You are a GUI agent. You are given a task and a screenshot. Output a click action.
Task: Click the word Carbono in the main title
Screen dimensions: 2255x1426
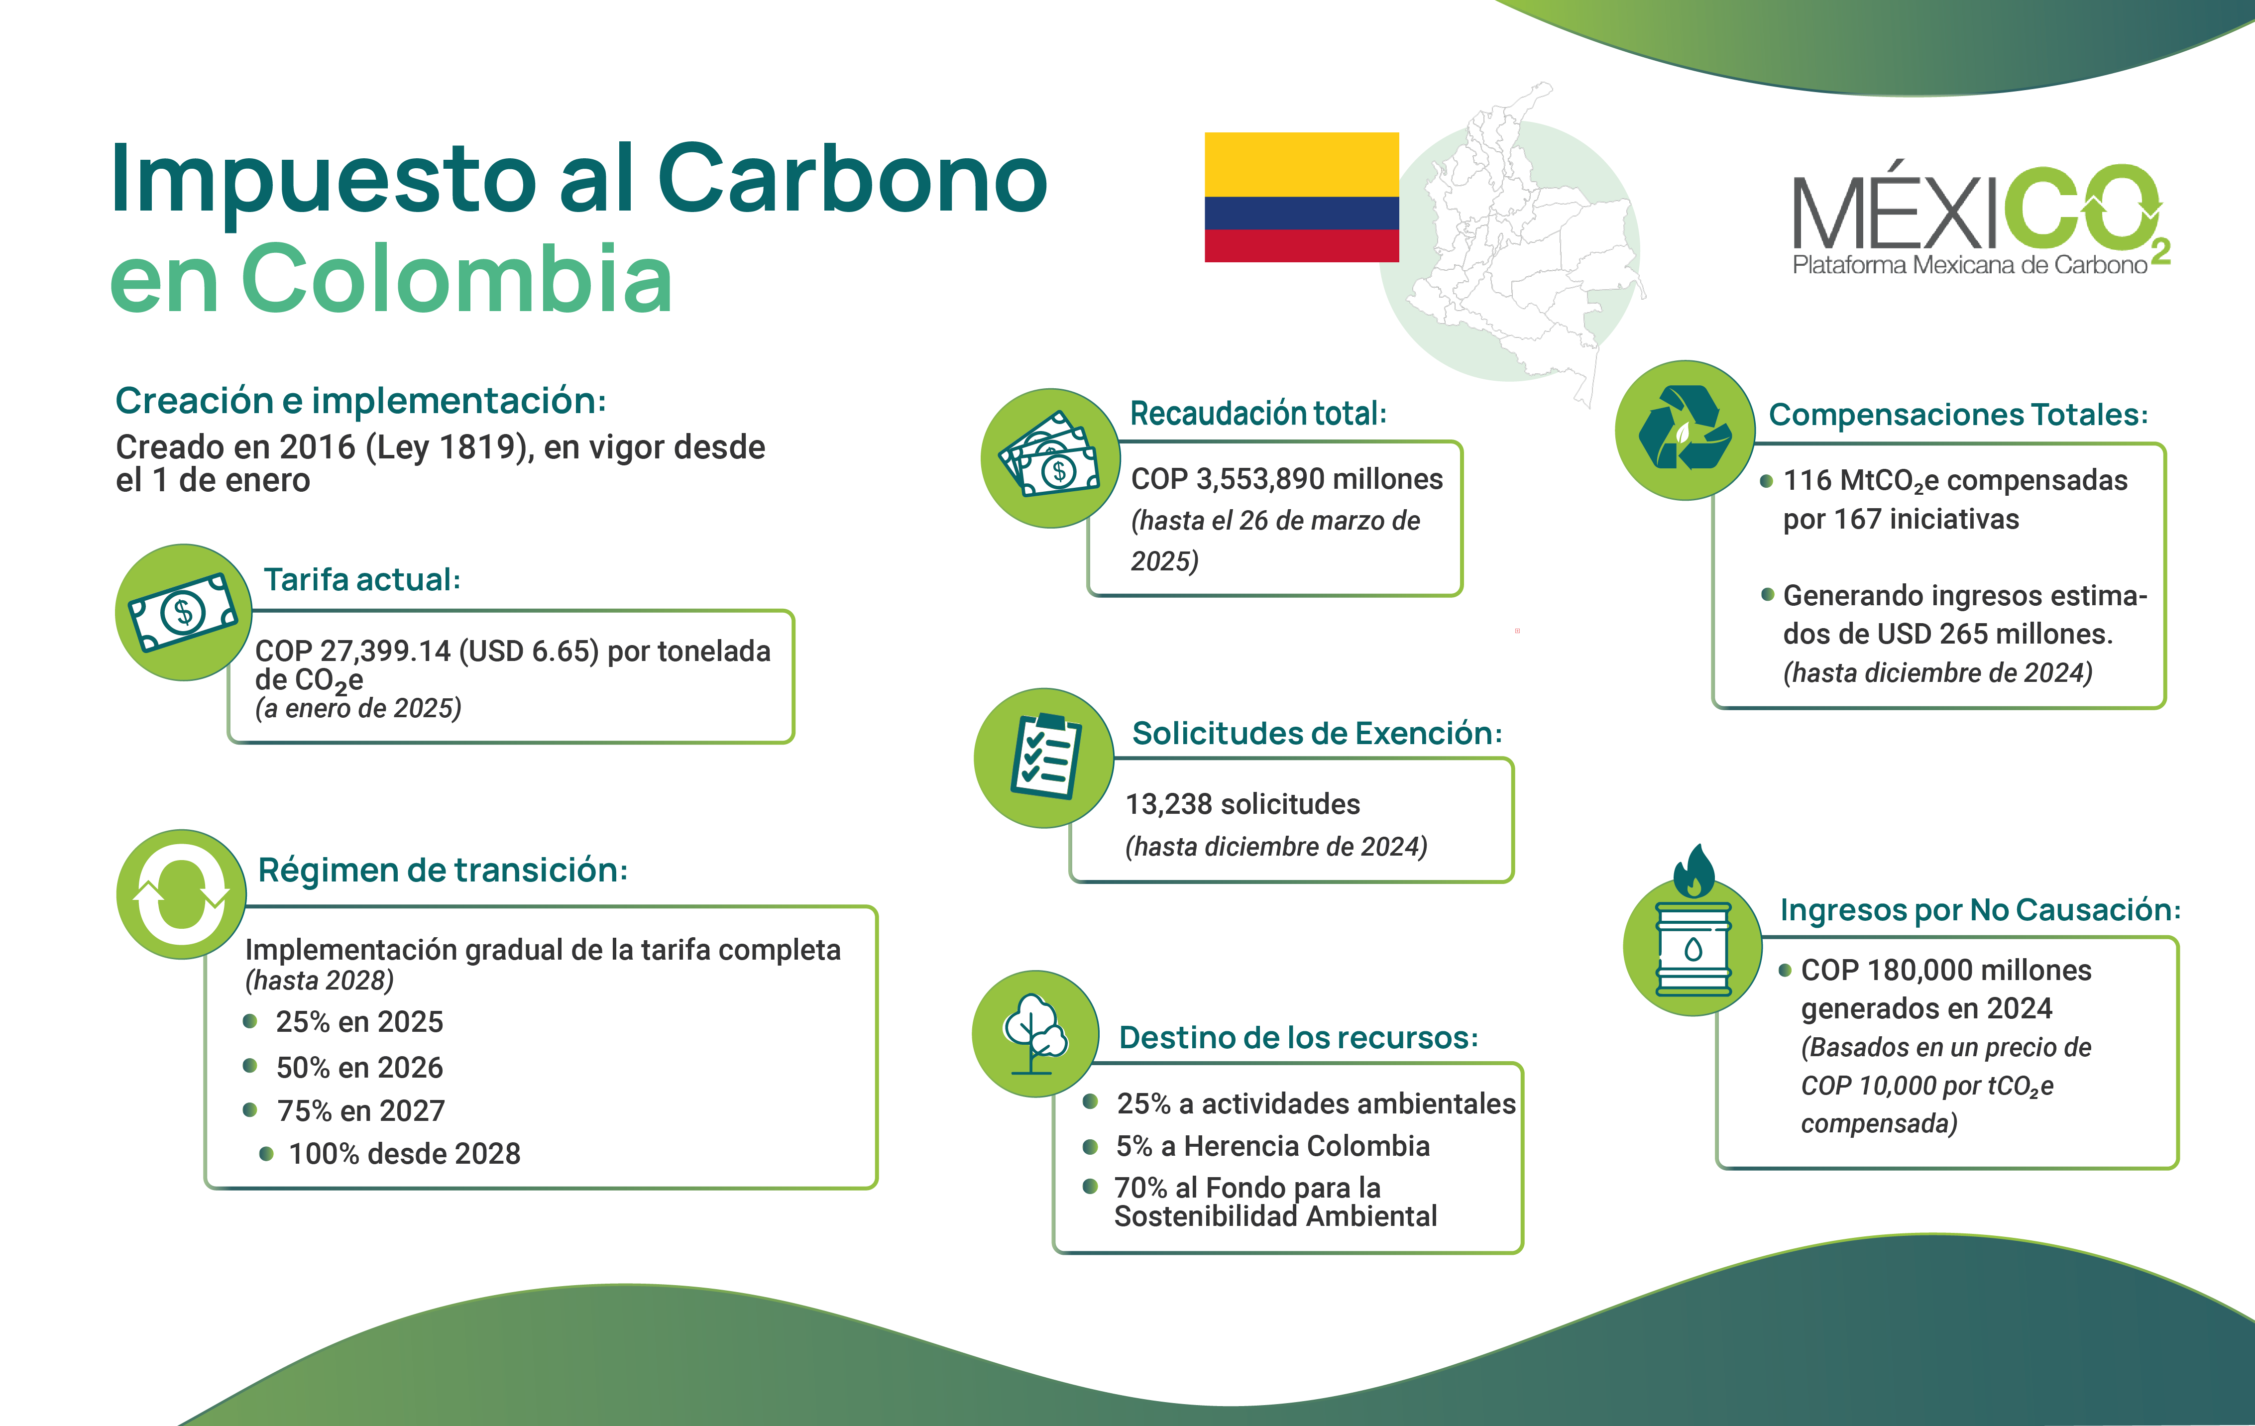click(852, 178)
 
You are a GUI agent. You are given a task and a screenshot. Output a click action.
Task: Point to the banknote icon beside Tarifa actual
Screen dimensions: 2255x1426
click(184, 612)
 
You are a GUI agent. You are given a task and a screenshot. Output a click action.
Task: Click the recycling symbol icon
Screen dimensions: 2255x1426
click(1685, 430)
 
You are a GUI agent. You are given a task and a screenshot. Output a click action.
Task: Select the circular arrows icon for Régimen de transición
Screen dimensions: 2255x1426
click(182, 894)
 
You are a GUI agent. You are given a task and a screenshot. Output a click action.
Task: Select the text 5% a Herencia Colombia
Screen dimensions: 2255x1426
click(1272, 1146)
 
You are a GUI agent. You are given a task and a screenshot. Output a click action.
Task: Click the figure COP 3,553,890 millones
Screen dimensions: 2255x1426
click(1287, 479)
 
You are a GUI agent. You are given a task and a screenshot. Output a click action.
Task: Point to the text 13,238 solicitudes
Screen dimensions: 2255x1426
click(1242, 804)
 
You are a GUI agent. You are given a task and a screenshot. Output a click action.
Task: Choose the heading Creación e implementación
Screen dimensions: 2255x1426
click(360, 401)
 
